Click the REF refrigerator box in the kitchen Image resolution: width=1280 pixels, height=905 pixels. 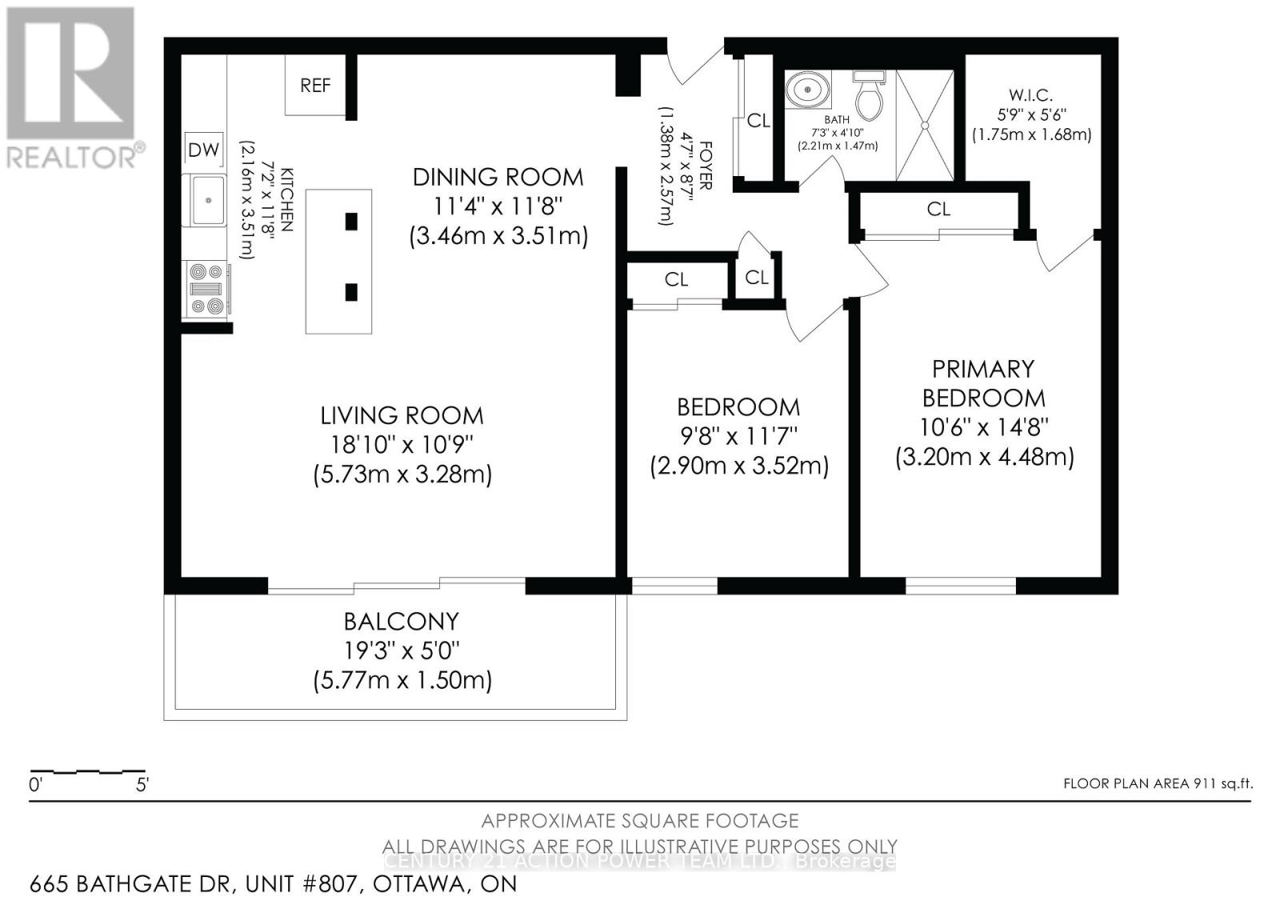pos(315,85)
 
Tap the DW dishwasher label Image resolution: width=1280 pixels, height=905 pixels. pos(203,150)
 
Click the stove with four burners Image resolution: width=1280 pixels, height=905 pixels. pos(206,289)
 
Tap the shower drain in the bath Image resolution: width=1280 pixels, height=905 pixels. pos(924,126)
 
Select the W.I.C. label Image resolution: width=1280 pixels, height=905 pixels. pos(1030,96)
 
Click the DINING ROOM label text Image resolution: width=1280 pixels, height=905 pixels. pos(498,177)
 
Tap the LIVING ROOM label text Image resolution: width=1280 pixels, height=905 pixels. pos(402,415)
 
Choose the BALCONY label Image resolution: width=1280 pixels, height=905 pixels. pos(401,621)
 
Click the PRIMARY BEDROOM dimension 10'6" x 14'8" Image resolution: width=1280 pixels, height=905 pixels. pos(983,427)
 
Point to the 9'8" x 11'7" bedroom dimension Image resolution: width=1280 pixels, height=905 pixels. pos(738,436)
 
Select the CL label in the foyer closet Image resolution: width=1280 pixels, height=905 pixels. pos(758,121)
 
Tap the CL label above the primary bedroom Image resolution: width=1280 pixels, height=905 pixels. pos(938,209)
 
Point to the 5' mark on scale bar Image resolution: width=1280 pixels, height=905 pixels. pos(142,785)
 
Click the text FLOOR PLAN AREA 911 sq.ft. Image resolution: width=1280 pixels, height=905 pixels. pos(1157,783)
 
